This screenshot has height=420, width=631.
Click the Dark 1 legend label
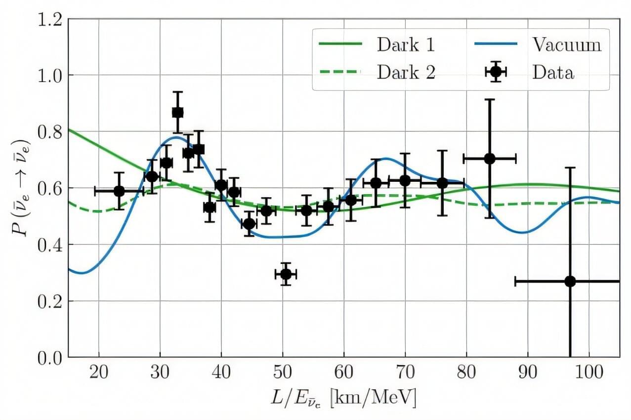pos(406,45)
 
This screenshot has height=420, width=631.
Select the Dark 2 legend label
pos(406,73)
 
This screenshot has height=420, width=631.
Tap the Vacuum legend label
pos(566,45)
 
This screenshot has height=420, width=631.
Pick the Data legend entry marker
pos(496,72)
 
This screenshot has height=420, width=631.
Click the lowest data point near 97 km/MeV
pos(570,281)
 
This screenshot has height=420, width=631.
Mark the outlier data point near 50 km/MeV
pos(286,274)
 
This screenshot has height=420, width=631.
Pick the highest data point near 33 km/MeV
pos(177,112)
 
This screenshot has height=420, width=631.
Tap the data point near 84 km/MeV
pos(489,159)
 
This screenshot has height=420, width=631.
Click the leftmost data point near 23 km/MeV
pos(119,191)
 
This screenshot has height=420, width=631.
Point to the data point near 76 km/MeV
pos(442,183)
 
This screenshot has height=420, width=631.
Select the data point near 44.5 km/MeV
pos(249,224)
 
